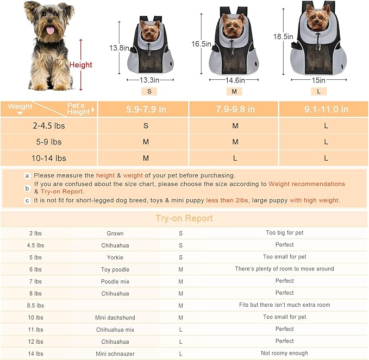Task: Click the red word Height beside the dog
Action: [80, 65]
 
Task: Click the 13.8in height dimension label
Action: [120, 48]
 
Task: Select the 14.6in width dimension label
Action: [235, 80]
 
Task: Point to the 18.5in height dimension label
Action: [283, 36]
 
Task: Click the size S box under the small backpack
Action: [149, 91]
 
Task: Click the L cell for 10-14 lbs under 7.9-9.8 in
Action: [235, 158]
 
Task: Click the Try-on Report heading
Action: [184, 218]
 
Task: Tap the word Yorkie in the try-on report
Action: [115, 257]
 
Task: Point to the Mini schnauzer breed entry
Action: [115, 353]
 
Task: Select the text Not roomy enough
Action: [284, 353]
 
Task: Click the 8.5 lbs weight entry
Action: [36, 305]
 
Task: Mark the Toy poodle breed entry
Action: [115, 269]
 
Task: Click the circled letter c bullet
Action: [27, 200]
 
